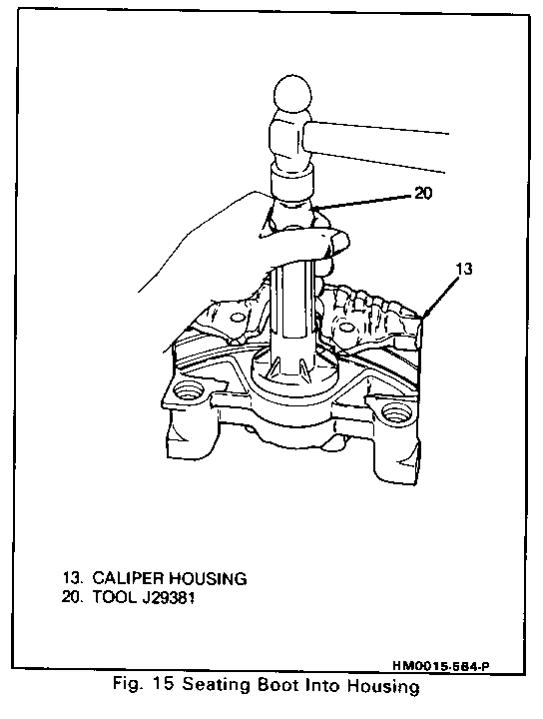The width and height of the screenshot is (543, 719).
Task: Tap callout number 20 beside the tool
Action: [x=423, y=193]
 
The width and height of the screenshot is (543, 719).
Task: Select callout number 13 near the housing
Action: [x=464, y=269]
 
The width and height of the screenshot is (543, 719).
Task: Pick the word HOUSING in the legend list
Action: [x=208, y=578]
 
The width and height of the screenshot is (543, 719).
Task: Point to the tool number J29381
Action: [x=168, y=598]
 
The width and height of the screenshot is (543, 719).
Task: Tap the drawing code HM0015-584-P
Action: [x=440, y=666]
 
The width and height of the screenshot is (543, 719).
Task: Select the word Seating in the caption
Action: [x=217, y=686]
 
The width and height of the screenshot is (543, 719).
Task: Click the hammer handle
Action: [x=375, y=147]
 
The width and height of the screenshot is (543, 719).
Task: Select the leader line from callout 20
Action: [x=362, y=202]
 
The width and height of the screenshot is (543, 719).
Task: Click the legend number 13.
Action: [x=70, y=578]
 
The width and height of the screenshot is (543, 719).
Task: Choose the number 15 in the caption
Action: [x=162, y=685]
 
